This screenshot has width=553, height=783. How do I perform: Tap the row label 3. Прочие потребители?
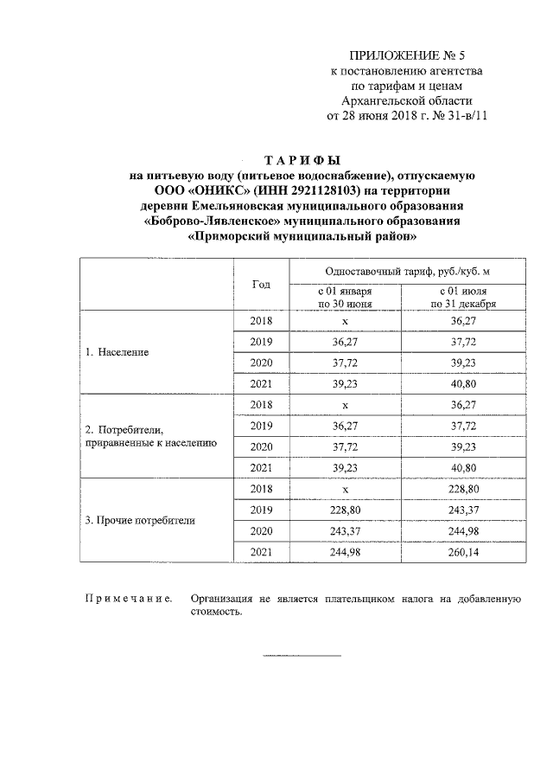pyautogui.click(x=140, y=521)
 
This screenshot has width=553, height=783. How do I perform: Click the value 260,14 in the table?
pyautogui.click(x=467, y=552)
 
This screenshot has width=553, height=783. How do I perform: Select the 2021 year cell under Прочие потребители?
pyautogui.click(x=260, y=552)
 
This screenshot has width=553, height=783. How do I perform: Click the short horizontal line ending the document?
pyautogui.click(x=290, y=655)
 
